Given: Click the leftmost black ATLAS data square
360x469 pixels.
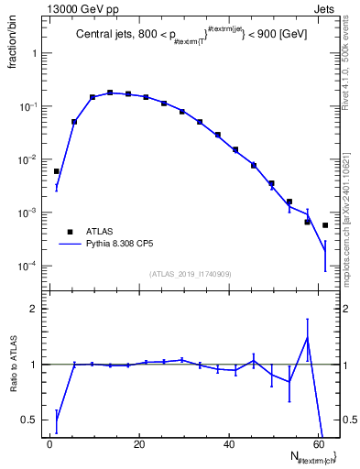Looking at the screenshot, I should point(57,171).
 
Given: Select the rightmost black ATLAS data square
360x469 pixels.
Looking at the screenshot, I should point(325,225).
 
